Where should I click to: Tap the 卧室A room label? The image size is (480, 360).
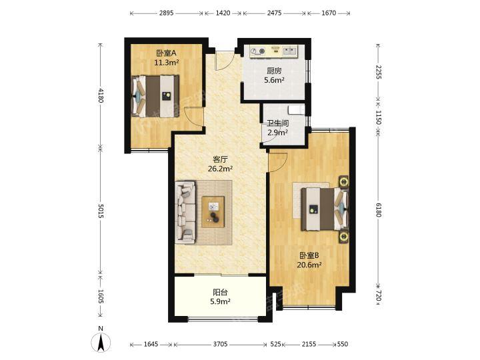coord(166,53)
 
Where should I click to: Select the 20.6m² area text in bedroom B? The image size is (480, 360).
coord(309,265)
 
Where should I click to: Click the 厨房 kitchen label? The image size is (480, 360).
coord(274,71)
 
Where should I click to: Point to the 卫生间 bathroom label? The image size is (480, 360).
coord(277,123)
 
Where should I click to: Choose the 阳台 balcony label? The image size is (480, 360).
coord(221,292)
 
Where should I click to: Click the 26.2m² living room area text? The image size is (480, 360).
coord(221,169)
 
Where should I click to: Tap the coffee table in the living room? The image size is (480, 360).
coord(213,212)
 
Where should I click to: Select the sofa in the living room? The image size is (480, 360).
coord(185,213)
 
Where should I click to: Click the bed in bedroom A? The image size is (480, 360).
coord(155,97)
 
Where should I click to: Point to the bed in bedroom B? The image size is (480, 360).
coord(325,209)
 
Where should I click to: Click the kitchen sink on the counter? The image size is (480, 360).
coord(289,51)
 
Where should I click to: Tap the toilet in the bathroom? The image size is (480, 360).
coord(296,110)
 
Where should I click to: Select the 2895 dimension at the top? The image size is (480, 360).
coord(166,13)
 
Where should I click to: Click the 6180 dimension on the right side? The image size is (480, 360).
coord(379,210)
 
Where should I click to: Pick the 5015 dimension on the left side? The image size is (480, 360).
coord(101,211)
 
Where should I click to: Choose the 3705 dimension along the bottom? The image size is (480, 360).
coord(220,345)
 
